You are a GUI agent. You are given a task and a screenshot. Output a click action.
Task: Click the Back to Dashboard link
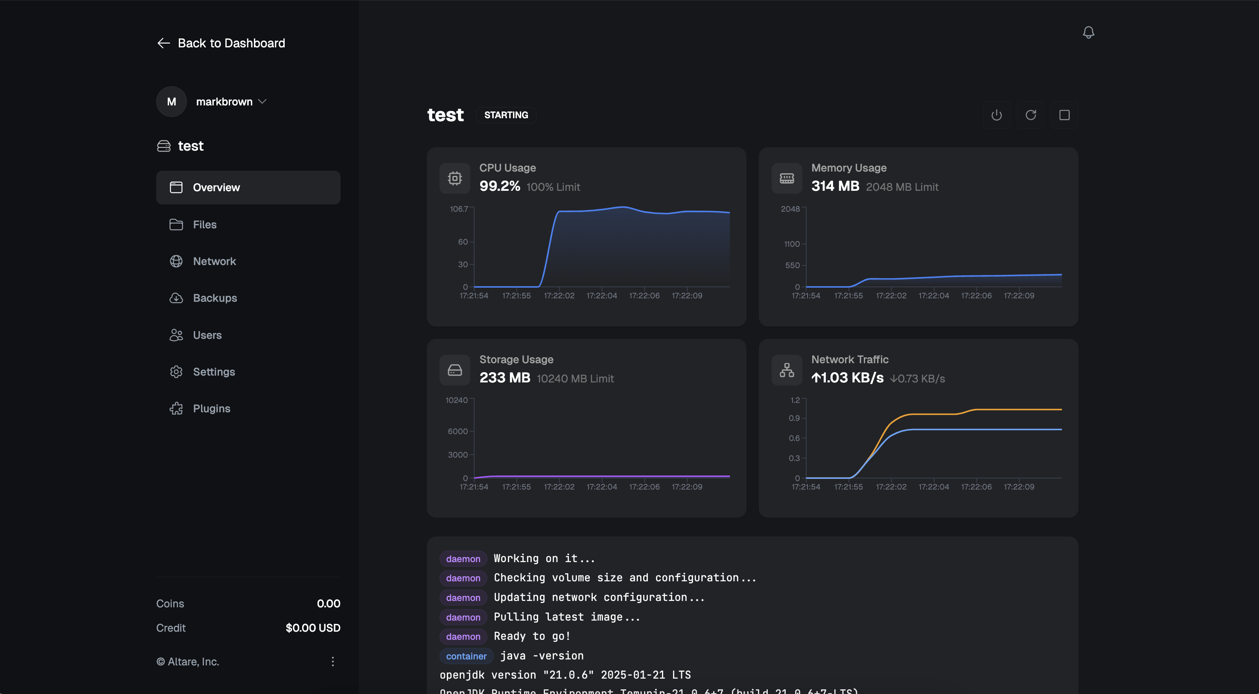(x=221, y=43)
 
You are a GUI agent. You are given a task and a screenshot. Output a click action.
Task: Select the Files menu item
(x=204, y=225)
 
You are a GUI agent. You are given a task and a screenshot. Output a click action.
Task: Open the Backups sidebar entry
(x=215, y=297)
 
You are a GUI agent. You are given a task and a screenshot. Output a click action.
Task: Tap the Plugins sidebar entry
(x=211, y=408)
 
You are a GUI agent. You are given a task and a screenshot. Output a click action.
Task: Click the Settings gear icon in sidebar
(x=176, y=371)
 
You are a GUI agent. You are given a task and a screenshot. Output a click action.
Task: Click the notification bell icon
(x=1088, y=32)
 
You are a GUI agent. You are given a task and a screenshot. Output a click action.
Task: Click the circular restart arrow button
(x=1030, y=115)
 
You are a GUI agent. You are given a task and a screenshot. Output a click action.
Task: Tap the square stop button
(x=1064, y=115)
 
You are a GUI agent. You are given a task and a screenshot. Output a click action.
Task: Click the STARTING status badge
(x=506, y=115)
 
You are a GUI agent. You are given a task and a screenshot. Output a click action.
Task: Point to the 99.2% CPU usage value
(x=499, y=186)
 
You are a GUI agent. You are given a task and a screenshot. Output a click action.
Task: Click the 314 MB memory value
(x=835, y=186)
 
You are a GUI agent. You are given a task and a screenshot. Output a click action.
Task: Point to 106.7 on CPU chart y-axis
(x=458, y=209)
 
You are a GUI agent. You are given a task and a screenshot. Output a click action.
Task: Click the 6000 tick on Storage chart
(x=458, y=431)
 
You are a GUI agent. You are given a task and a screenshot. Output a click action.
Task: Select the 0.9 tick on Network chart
(x=794, y=418)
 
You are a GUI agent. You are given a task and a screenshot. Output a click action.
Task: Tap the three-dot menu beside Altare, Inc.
(x=332, y=661)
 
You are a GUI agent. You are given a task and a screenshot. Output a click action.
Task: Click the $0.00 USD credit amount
(x=313, y=627)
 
